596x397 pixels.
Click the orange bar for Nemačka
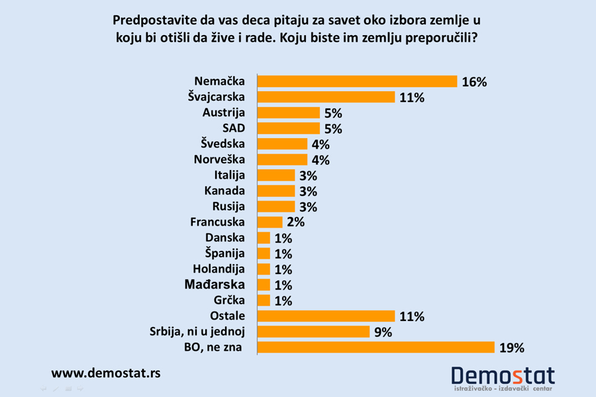pyautogui.click(x=357, y=81)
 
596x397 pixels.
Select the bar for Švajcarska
pyautogui.click(x=326, y=97)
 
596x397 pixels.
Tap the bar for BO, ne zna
pyautogui.click(x=375, y=347)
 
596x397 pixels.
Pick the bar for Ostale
pyautogui.click(x=326, y=316)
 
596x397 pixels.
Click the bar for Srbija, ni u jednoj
pyautogui.click(x=313, y=331)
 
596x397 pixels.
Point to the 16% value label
pyautogui.click(x=474, y=82)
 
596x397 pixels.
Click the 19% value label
pyautogui.click(x=511, y=348)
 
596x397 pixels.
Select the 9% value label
pyautogui.click(x=383, y=332)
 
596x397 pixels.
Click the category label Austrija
pyautogui.click(x=224, y=112)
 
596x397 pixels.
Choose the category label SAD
pyautogui.click(x=234, y=128)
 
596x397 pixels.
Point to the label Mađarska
pyautogui.click(x=214, y=285)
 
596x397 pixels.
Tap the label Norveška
pyautogui.click(x=219, y=159)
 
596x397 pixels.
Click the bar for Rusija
pyautogui.click(x=275, y=206)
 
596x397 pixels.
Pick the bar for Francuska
pyautogui.click(x=270, y=222)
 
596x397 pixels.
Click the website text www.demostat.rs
pyautogui.click(x=106, y=373)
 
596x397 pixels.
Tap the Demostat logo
pyautogui.click(x=503, y=377)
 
